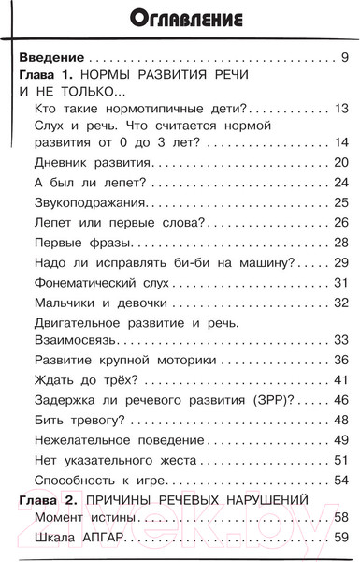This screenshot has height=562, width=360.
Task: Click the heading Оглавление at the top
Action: [180, 18]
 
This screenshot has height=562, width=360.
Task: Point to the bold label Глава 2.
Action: [46, 500]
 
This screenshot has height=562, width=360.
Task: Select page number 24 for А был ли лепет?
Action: [339, 183]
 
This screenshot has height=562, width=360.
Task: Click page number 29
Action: [339, 262]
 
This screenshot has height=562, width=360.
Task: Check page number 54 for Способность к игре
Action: [339, 480]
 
